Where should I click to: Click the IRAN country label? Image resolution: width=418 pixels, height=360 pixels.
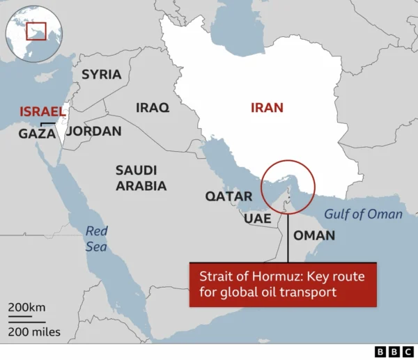coord(268,108)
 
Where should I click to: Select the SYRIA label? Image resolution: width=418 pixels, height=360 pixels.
coord(101,75)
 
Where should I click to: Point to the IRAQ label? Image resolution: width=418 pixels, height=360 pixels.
coord(153,108)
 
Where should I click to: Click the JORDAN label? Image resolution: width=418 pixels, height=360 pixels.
coord(94,131)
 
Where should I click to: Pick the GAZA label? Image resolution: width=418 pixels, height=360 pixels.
coord(37,134)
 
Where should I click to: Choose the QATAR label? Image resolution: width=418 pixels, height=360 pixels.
coord(229,196)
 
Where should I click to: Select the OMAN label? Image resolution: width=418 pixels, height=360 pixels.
coord(314,235)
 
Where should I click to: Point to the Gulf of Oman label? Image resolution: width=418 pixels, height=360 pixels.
coord(366,214)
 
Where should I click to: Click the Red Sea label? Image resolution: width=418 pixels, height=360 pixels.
coord(97,238)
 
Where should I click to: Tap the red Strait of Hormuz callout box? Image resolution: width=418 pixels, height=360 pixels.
coord(283,284)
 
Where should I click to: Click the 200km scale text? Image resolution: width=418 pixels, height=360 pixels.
coord(28,308)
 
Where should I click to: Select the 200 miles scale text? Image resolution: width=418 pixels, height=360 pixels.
coord(34,331)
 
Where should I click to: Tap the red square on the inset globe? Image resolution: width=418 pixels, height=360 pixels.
coord(36,31)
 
